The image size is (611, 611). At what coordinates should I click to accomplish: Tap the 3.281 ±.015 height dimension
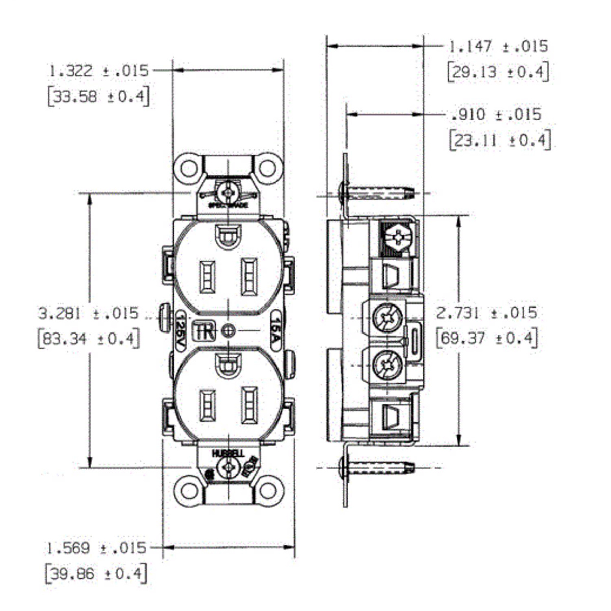pyautogui.click(x=89, y=313)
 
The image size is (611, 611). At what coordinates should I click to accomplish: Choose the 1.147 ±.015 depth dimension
pyautogui.click(x=498, y=47)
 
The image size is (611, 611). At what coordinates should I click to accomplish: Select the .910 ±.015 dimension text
pyautogui.click(x=496, y=115)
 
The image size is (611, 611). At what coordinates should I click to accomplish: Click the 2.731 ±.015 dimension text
pyautogui.click(x=487, y=313)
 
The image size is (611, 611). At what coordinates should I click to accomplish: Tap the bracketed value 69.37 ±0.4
pyautogui.click(x=487, y=338)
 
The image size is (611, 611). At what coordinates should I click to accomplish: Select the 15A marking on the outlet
pyautogui.click(x=276, y=331)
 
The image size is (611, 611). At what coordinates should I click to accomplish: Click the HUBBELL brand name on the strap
pyautogui.click(x=228, y=453)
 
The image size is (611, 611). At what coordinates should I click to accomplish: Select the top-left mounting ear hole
pyautogui.click(x=189, y=168)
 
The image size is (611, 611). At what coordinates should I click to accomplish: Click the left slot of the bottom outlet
pyautogui.click(x=207, y=406)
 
